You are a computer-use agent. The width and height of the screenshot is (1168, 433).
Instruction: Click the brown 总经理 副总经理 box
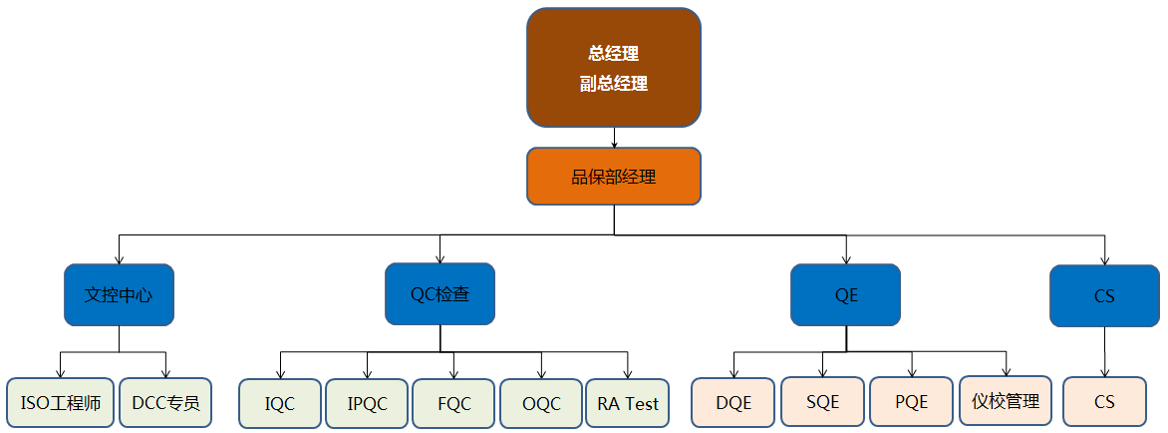(x=613, y=68)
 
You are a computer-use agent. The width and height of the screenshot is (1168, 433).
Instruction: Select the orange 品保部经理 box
(x=613, y=177)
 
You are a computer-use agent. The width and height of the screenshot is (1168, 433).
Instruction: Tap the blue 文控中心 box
(x=119, y=294)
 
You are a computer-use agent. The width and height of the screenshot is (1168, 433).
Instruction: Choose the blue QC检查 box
(x=439, y=294)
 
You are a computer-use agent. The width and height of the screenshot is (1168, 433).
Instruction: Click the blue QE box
(x=846, y=294)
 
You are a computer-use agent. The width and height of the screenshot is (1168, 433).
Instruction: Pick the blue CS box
(x=1103, y=295)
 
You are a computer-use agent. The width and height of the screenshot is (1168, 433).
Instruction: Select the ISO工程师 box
(x=60, y=403)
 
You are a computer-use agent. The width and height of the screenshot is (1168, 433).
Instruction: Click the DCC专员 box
(x=165, y=403)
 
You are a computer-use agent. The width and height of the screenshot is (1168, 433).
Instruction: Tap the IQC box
(x=280, y=404)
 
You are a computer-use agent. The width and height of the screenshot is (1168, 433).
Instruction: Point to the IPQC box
(x=367, y=404)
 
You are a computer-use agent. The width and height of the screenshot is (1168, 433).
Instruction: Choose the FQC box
(x=453, y=404)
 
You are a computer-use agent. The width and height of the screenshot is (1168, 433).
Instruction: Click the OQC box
(x=541, y=404)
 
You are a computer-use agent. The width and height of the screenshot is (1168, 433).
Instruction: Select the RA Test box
(x=628, y=404)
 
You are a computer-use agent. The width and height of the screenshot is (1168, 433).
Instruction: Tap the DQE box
(x=733, y=402)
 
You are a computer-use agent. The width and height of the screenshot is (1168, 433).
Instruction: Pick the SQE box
(x=821, y=402)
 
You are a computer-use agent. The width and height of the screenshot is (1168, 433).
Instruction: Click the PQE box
(x=911, y=402)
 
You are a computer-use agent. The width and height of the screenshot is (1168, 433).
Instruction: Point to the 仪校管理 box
(x=1006, y=401)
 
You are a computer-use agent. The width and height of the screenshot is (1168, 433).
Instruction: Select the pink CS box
(x=1103, y=402)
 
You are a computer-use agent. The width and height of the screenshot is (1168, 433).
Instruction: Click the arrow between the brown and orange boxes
(x=614, y=138)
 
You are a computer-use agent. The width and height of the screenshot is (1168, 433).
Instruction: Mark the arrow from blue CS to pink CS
(x=1103, y=352)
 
